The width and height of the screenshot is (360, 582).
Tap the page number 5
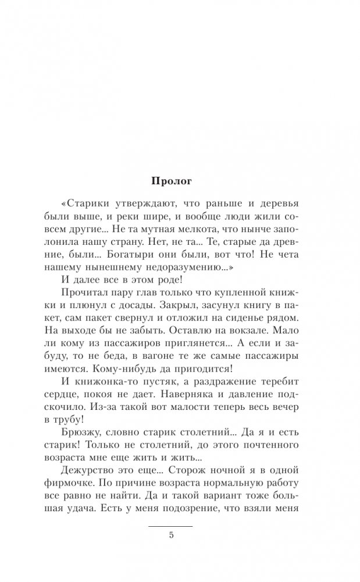(x=172, y=536)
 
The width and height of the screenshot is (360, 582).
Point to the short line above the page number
(x=172, y=526)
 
